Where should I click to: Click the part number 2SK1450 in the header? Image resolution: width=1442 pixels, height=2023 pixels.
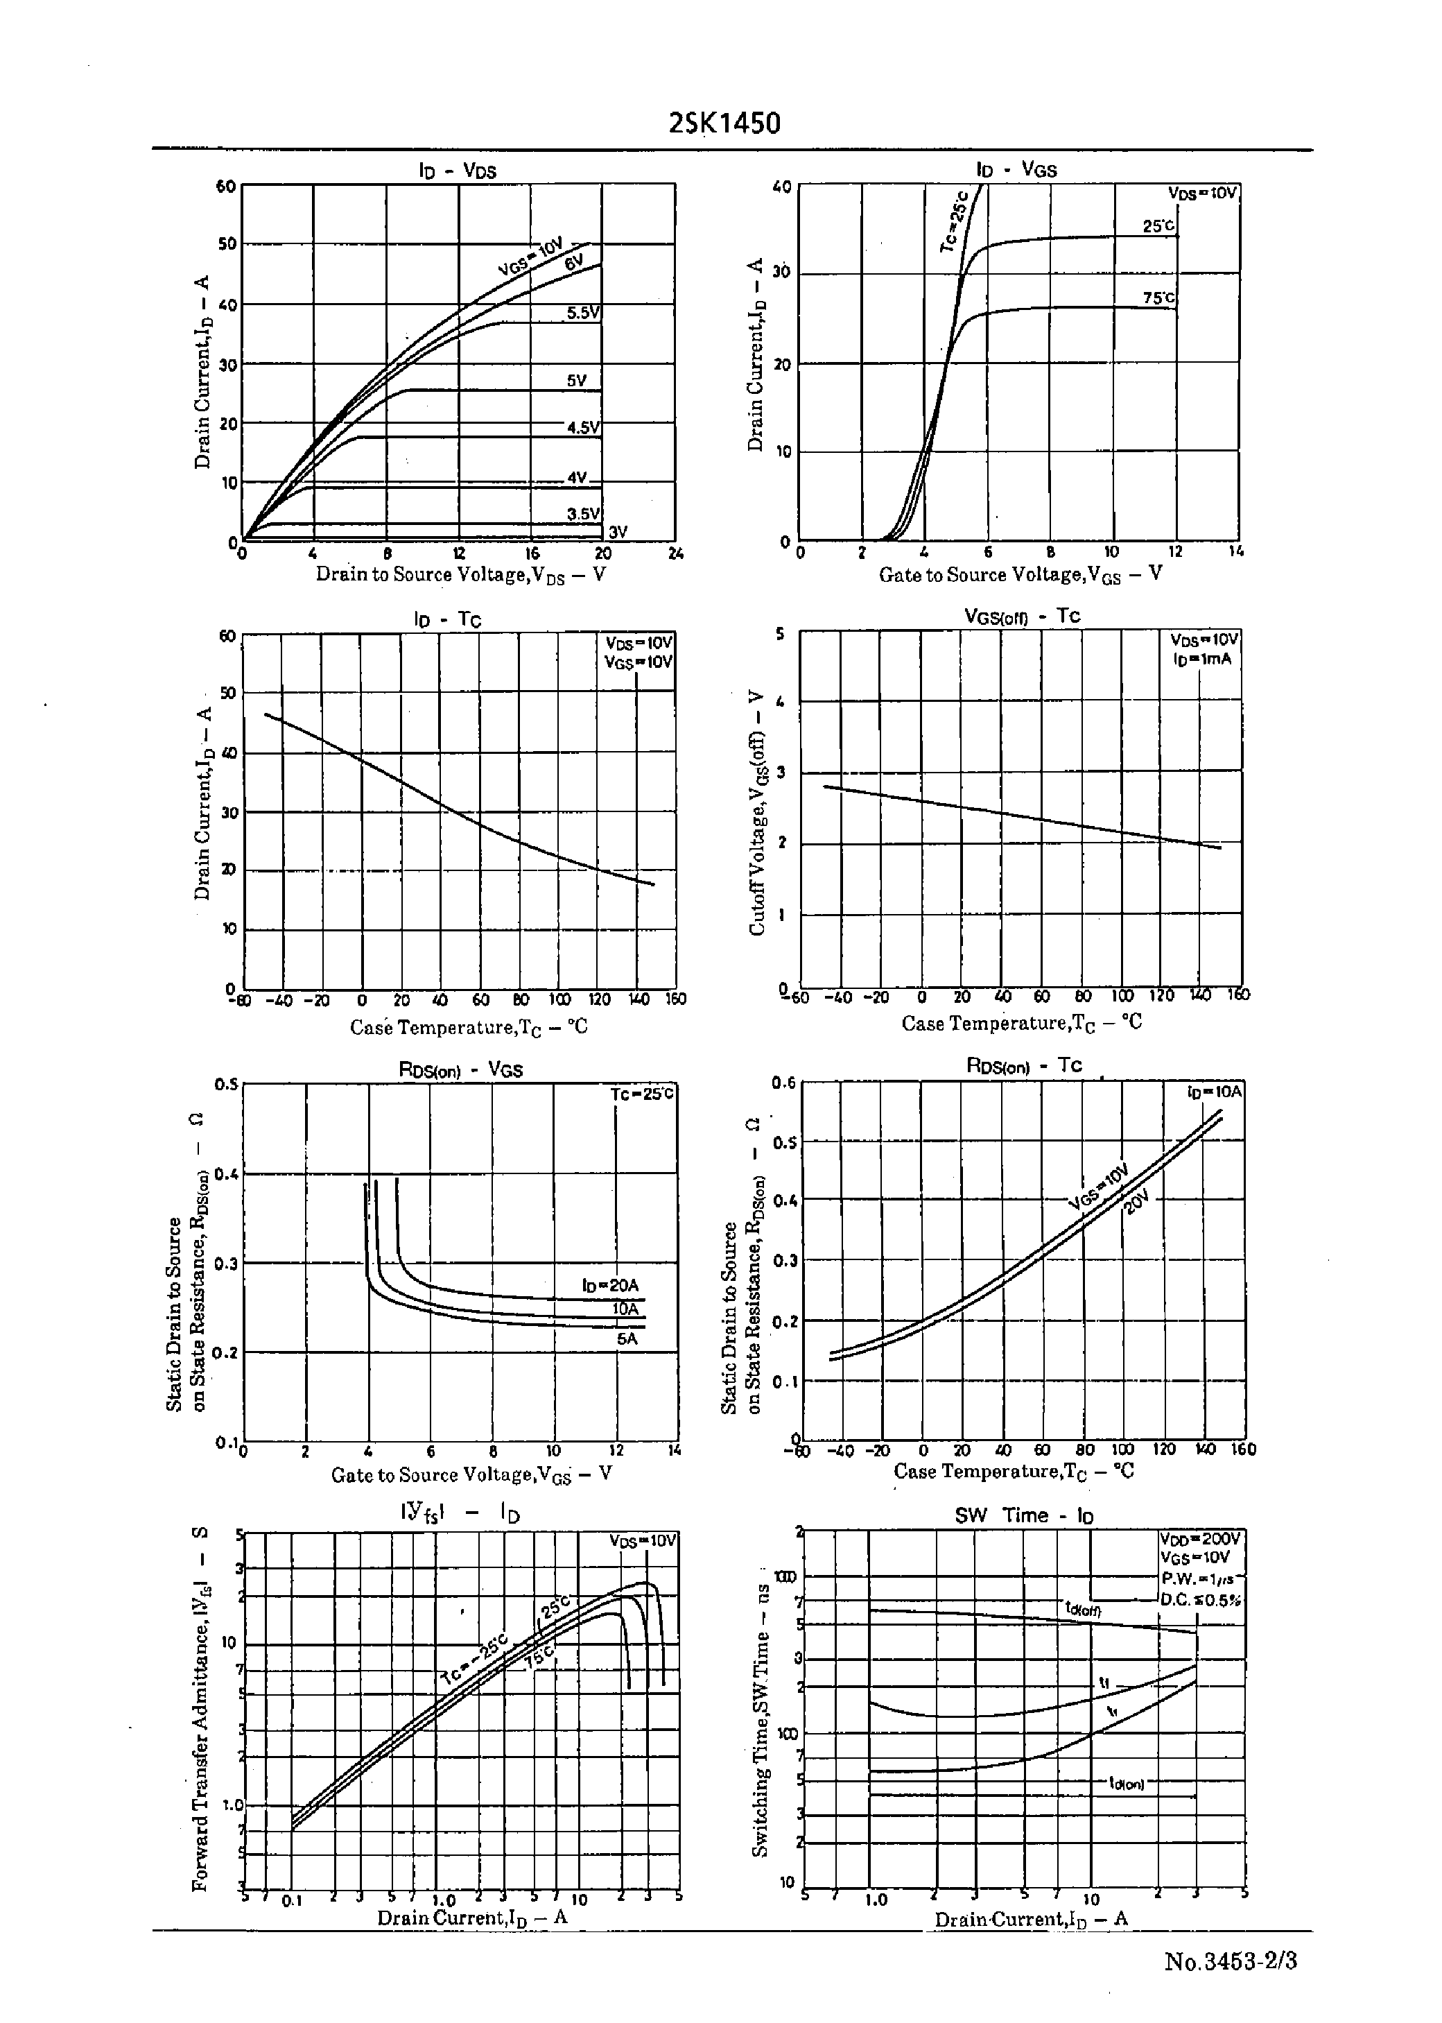click(724, 123)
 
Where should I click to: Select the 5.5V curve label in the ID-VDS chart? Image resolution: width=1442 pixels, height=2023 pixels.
click(583, 313)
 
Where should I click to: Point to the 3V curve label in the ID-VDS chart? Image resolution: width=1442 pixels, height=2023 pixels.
click(617, 532)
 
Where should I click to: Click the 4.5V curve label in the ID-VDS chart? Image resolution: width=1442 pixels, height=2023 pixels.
click(583, 427)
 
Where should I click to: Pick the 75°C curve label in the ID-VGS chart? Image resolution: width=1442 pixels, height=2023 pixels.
click(1158, 298)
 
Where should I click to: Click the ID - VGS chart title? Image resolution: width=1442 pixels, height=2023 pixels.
click(1017, 170)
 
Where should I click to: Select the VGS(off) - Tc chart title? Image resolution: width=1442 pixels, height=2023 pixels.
click(1022, 617)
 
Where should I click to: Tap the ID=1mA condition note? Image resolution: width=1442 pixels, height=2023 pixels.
click(1201, 659)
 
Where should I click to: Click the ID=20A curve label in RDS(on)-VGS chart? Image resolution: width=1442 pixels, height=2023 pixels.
click(610, 1285)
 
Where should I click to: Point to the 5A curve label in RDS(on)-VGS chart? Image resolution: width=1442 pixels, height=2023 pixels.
click(627, 1338)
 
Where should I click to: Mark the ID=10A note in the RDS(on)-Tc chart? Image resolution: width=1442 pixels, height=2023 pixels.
click(1215, 1092)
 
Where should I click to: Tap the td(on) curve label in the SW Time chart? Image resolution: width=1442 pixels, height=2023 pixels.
click(1126, 1783)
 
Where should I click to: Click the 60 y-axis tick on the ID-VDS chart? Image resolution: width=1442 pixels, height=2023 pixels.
click(225, 187)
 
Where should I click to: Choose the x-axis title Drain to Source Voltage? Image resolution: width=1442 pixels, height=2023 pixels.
click(461, 574)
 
